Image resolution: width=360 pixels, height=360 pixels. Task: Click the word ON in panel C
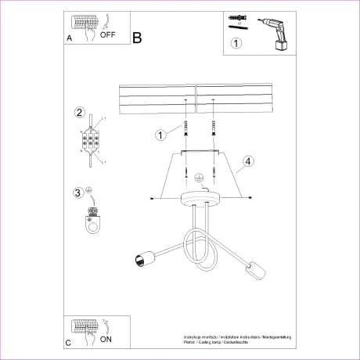106,339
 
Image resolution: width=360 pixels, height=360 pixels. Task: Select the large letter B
137,37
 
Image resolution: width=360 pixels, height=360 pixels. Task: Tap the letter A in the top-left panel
70,38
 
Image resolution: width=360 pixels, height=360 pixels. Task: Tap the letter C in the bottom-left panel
69,342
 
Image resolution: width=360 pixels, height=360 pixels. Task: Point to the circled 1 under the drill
236,45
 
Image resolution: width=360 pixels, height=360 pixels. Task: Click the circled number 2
79,113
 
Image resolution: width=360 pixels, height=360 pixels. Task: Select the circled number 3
77,193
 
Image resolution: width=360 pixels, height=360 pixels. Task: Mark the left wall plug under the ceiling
185,128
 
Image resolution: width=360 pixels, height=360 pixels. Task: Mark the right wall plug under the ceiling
212,128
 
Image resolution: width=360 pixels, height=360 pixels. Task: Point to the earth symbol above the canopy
199,178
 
